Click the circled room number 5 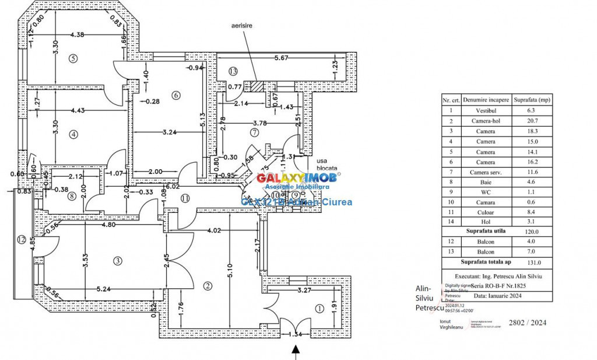click(x=73, y=58)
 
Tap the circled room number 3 click(x=118, y=261)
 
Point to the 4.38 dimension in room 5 click(x=78, y=34)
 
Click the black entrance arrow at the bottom click(x=295, y=351)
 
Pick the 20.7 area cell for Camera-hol click(x=531, y=121)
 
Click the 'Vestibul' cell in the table click(x=486, y=110)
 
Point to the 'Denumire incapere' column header click(x=486, y=99)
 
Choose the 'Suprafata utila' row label click(x=485, y=231)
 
